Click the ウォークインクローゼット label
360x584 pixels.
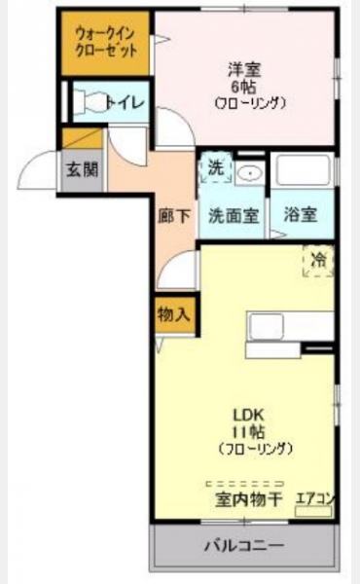106,42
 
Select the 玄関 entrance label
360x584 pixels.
83,169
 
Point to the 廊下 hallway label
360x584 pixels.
174,216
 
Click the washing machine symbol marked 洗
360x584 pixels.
216,167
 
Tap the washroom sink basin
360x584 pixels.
250,173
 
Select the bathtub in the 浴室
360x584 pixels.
301,170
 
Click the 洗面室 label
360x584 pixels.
234,216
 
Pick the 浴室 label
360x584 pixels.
300,214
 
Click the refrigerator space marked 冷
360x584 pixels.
318,260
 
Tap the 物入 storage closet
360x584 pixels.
174,315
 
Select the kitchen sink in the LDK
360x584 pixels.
267,327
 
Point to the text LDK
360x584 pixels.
248,415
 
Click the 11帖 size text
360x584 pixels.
248,432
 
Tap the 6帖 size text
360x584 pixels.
244,87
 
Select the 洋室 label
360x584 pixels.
244,70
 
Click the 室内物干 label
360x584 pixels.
249,500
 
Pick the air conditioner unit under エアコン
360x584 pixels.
313,511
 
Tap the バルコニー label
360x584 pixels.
244,546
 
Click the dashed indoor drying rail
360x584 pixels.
244,484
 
